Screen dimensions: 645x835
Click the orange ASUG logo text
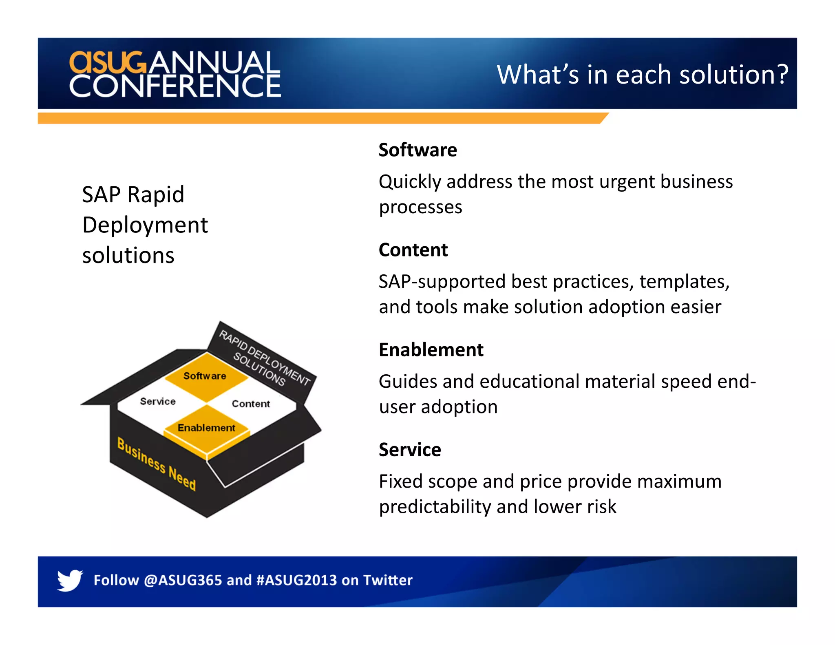pyautogui.click(x=107, y=62)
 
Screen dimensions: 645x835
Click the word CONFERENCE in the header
pyautogui.click(x=175, y=86)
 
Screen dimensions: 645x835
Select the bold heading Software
pyautogui.click(x=417, y=150)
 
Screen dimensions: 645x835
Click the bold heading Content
pyautogui.click(x=413, y=250)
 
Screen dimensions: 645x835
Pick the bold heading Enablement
pyautogui.click(x=431, y=350)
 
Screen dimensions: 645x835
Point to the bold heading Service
pyautogui.click(x=410, y=450)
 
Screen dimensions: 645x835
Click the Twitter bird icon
pyautogui.click(x=70, y=580)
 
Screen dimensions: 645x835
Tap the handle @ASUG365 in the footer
pyautogui.click(x=183, y=580)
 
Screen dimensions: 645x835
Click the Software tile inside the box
pyautogui.click(x=205, y=376)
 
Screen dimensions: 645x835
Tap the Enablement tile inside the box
pyautogui.click(x=206, y=428)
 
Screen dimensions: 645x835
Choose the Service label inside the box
pyautogui.click(x=158, y=401)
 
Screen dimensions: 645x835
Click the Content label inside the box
pyautogui.click(x=251, y=404)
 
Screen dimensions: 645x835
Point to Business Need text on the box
pyautogui.click(x=157, y=464)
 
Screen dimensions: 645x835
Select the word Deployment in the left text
pyautogui.click(x=145, y=225)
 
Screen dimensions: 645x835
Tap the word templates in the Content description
pyautogui.click(x=684, y=282)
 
